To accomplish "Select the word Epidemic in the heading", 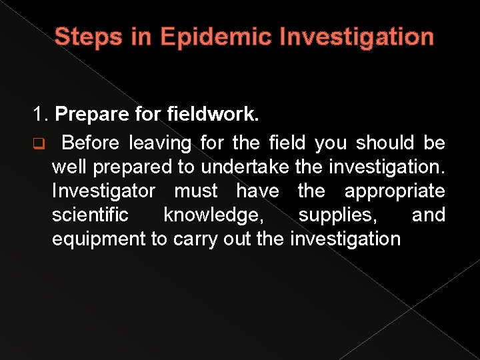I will [213, 37].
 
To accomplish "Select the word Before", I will [92, 143].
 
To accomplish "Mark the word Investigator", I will [103, 191].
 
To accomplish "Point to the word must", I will [195, 191].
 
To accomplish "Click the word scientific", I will [90, 215].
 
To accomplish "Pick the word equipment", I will [99, 239].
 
